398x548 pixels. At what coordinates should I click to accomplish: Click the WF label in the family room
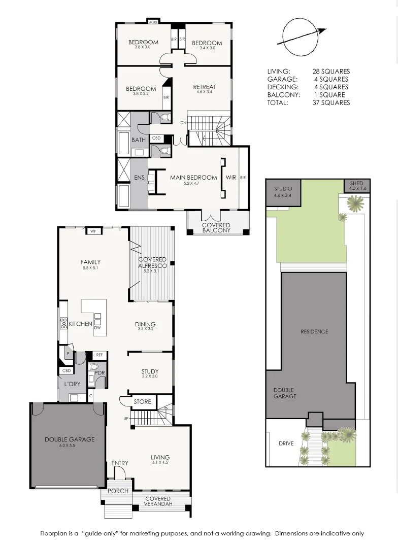click(93, 231)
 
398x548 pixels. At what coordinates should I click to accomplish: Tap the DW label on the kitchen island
click(97, 327)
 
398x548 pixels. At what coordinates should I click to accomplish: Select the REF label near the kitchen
click(99, 355)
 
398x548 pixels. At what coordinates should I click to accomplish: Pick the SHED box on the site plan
click(357, 186)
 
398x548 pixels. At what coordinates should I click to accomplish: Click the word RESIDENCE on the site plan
click(314, 331)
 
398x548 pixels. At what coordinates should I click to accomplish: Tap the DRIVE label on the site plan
click(286, 443)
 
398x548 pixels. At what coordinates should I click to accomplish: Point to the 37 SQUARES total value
click(331, 102)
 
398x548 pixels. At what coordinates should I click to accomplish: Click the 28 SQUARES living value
click(331, 72)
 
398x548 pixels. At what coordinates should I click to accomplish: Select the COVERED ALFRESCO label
click(152, 263)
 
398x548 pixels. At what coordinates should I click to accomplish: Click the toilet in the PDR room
click(93, 367)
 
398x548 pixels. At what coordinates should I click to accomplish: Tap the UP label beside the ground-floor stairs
click(125, 418)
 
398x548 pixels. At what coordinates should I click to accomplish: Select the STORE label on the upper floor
click(153, 22)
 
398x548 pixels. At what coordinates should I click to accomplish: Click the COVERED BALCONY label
click(216, 228)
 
